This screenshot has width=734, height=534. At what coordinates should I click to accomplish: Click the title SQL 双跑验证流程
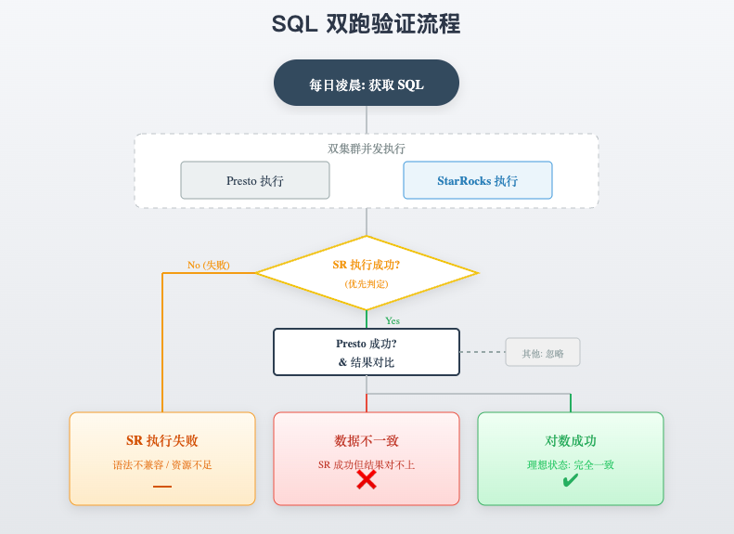(366, 24)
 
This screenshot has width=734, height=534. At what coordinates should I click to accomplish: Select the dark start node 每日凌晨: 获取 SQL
(366, 84)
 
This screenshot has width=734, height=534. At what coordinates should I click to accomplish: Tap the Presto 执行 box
(255, 181)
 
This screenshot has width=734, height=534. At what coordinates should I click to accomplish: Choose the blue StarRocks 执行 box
(477, 181)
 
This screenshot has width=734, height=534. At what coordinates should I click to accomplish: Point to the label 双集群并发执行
(366, 149)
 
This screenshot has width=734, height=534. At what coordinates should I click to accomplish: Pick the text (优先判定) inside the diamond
(366, 284)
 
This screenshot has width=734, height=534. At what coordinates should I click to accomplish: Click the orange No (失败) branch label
(209, 265)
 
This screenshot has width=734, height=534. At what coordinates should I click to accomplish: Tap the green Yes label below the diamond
(393, 320)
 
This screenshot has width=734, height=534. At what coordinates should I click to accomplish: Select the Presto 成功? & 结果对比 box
(366, 352)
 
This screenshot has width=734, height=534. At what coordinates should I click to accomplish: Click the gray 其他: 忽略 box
(542, 353)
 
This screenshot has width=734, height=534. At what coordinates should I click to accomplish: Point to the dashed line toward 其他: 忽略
(483, 352)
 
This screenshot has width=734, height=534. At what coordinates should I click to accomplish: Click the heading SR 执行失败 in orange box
(162, 441)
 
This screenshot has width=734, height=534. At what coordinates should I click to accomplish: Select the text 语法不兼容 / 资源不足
(162, 464)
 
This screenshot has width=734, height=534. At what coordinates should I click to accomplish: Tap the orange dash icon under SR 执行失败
(162, 486)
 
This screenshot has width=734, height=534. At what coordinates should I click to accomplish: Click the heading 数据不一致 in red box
(366, 441)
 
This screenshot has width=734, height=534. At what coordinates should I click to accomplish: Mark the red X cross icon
(366, 480)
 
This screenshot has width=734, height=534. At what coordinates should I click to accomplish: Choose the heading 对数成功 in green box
(570, 441)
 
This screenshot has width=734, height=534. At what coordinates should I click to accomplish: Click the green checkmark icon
(570, 480)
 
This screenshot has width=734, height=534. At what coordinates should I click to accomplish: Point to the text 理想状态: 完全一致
(570, 464)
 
